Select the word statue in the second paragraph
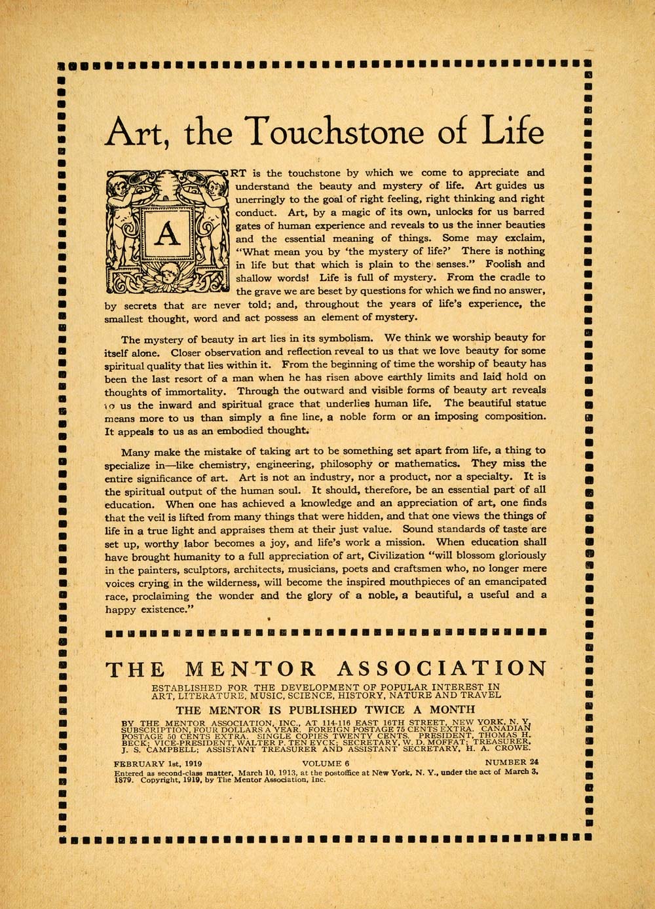click(x=512, y=404)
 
